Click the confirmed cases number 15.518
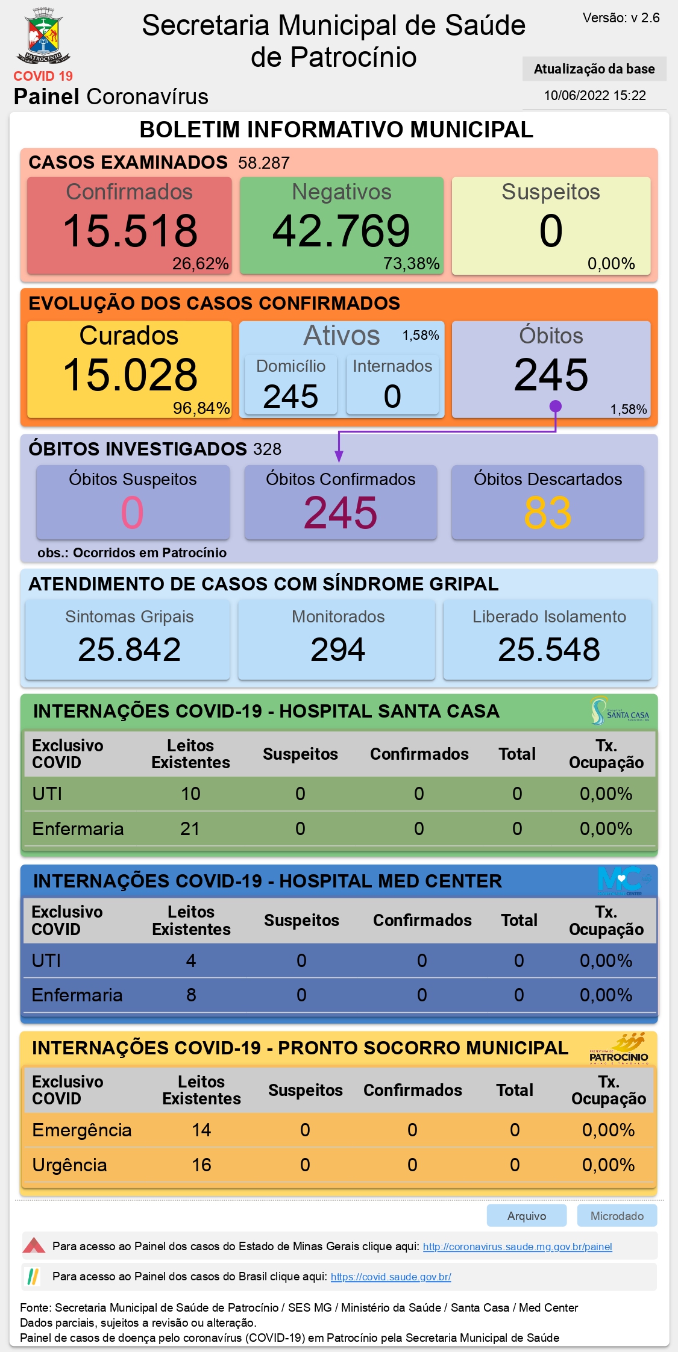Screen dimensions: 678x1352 coord(130,231)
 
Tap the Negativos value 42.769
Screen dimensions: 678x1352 coord(341,231)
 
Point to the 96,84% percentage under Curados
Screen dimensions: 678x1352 coord(201,408)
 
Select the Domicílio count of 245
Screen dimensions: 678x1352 coord(290,396)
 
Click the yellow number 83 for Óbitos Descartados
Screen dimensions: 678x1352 coord(547,513)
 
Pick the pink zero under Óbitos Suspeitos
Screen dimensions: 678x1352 coord(133,513)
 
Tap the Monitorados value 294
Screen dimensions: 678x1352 coord(337,649)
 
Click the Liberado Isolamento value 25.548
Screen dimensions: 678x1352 coord(549,649)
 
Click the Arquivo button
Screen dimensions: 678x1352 coord(527,1216)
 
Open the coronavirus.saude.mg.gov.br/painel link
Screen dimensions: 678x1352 coord(518,1247)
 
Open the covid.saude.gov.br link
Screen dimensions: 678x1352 coord(391,1277)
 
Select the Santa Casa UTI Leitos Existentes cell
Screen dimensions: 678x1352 coord(190,794)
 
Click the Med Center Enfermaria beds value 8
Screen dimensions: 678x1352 coord(191,995)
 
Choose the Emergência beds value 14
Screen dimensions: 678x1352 coord(201,1130)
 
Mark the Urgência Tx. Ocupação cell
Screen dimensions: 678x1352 coord(608,1165)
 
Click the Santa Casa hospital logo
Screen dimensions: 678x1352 coord(620,711)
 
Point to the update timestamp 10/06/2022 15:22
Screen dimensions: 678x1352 coord(595,95)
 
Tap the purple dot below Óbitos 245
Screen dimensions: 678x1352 coord(556,407)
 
